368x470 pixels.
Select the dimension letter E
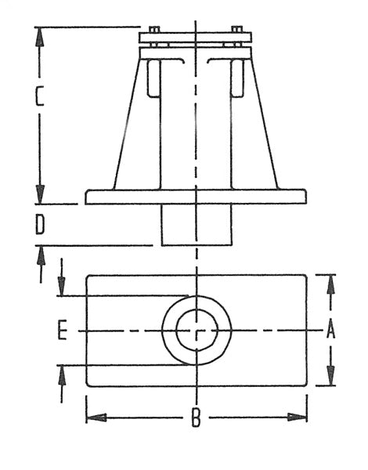(x=63, y=331)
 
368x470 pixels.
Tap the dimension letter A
(x=330, y=331)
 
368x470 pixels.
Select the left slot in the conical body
(x=153, y=78)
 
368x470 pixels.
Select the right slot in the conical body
(x=237, y=78)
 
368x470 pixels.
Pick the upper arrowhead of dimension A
(x=330, y=284)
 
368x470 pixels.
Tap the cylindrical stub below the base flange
(x=196, y=225)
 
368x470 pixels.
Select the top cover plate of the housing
(x=196, y=37)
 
